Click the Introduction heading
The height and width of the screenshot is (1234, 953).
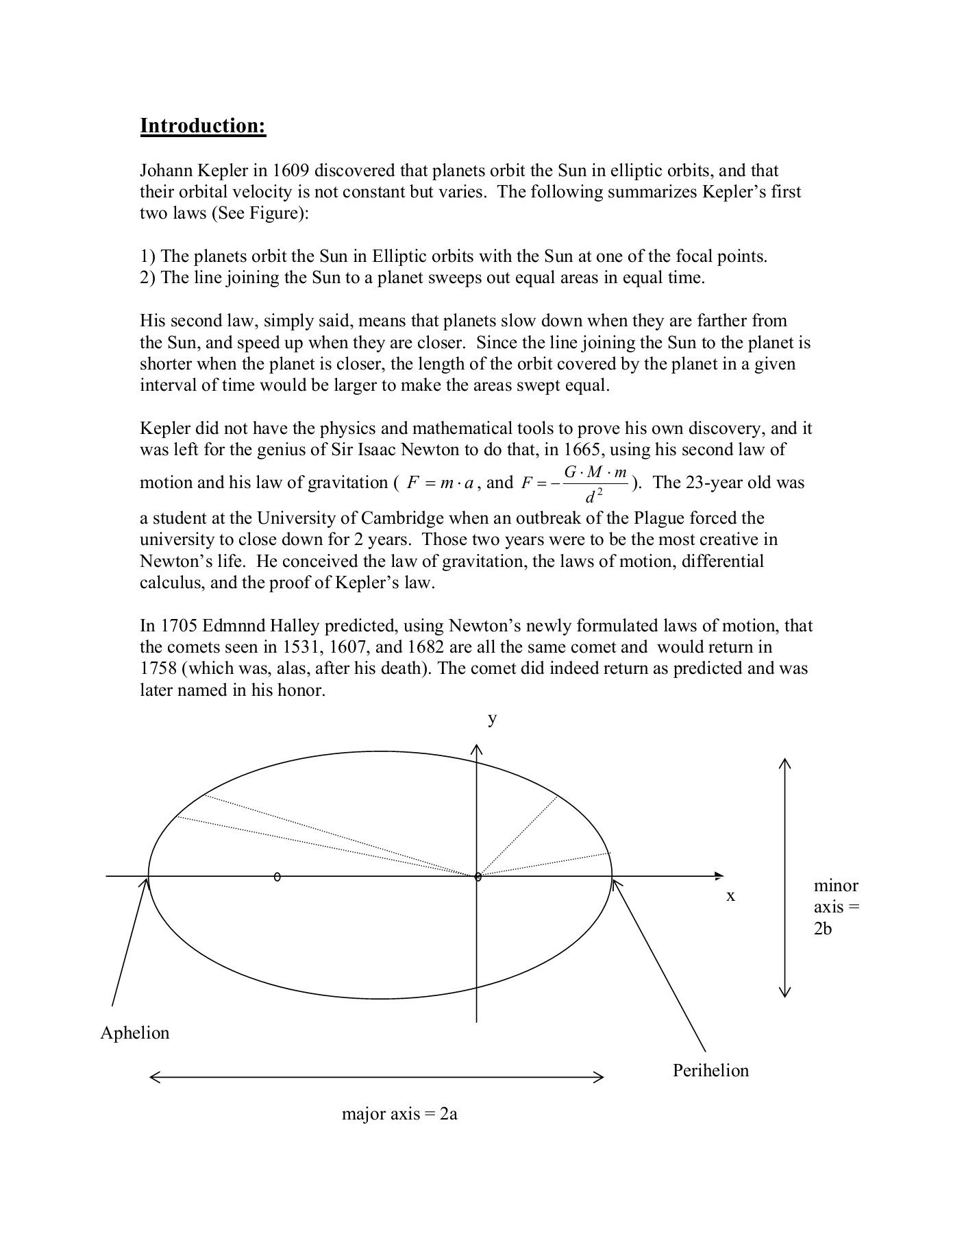coord(203,126)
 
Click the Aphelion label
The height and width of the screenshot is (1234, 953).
coord(135,1033)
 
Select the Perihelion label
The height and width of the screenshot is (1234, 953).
coord(710,1070)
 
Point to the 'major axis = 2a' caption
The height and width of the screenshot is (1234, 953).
coord(399,1114)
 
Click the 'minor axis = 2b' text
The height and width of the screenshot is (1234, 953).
coord(835,907)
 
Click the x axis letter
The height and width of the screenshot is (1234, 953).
coord(730,896)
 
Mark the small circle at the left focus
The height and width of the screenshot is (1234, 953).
coord(277,876)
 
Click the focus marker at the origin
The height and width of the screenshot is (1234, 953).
coord(478,876)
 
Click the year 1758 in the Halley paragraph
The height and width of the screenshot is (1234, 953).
coord(159,668)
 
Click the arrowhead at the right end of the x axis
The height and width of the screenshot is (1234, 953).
coord(719,875)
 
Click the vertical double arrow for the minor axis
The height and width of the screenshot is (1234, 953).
coord(785,878)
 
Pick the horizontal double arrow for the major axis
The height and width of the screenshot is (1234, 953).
coord(376,1077)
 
